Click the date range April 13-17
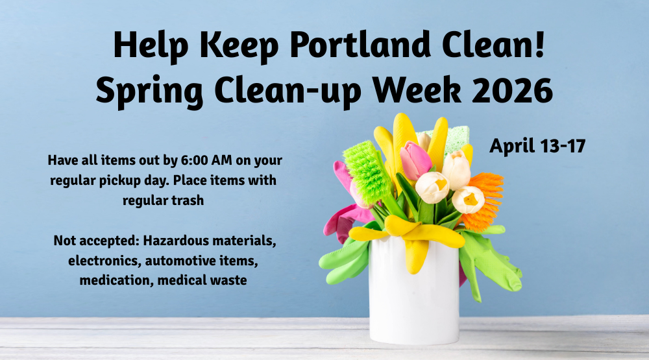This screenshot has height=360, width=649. pyautogui.click(x=537, y=146)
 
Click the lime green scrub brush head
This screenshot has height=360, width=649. pyautogui.click(x=367, y=172)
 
